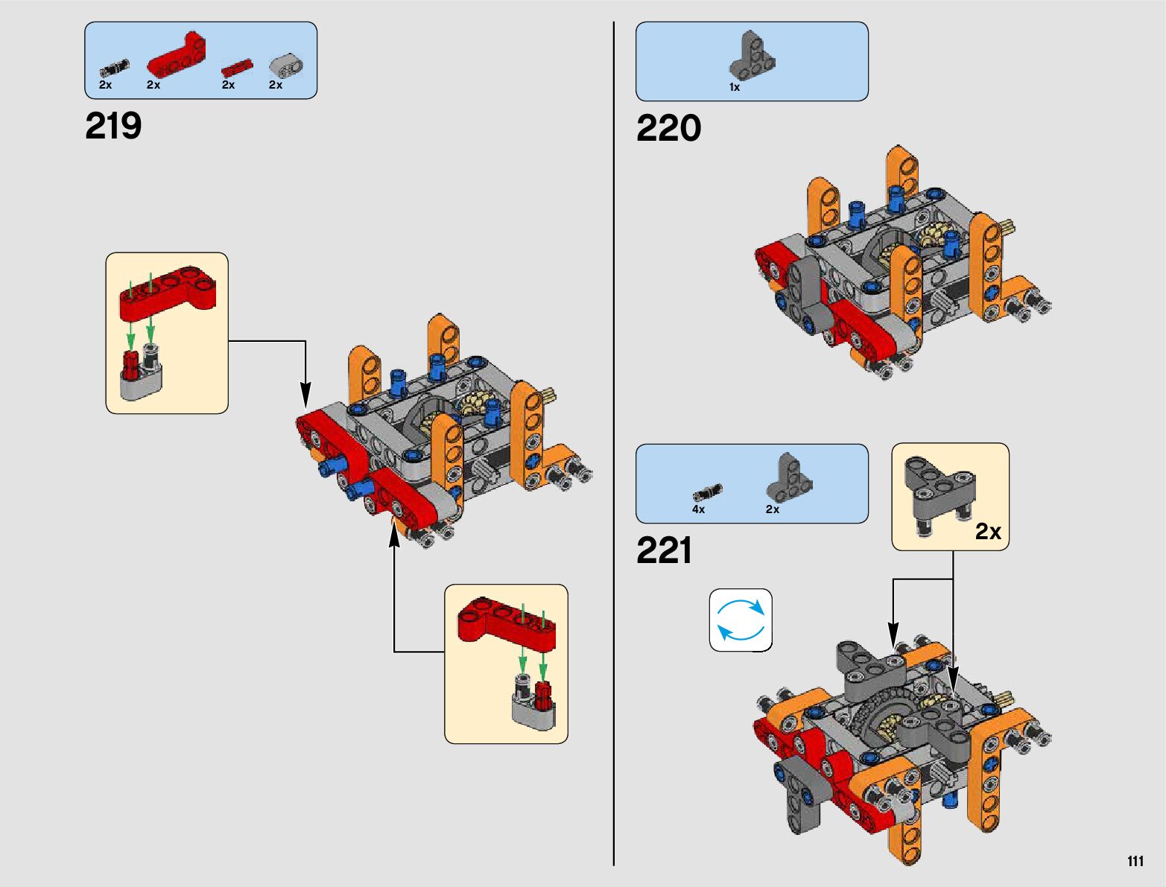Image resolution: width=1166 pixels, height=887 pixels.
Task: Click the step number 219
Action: (x=113, y=126)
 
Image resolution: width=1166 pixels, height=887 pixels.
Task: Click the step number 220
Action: (x=668, y=128)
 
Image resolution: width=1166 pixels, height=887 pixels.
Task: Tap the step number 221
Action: (x=664, y=550)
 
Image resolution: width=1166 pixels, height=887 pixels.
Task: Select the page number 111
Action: (x=1135, y=861)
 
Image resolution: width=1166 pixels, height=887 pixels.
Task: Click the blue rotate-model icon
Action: (x=741, y=620)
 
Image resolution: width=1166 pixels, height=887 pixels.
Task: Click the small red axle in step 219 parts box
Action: (x=237, y=68)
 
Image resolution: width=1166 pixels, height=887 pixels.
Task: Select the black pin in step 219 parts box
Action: (x=114, y=68)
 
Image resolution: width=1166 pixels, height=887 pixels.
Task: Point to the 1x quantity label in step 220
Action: (x=734, y=88)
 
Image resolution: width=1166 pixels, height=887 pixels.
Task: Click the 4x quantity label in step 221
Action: (x=698, y=509)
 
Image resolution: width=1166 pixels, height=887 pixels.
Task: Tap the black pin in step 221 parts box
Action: (x=708, y=492)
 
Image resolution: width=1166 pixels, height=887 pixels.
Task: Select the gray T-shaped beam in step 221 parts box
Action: (x=789, y=477)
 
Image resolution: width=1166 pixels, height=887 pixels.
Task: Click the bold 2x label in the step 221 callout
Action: (x=988, y=531)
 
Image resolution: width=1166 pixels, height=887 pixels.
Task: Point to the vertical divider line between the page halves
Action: (x=614, y=443)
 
